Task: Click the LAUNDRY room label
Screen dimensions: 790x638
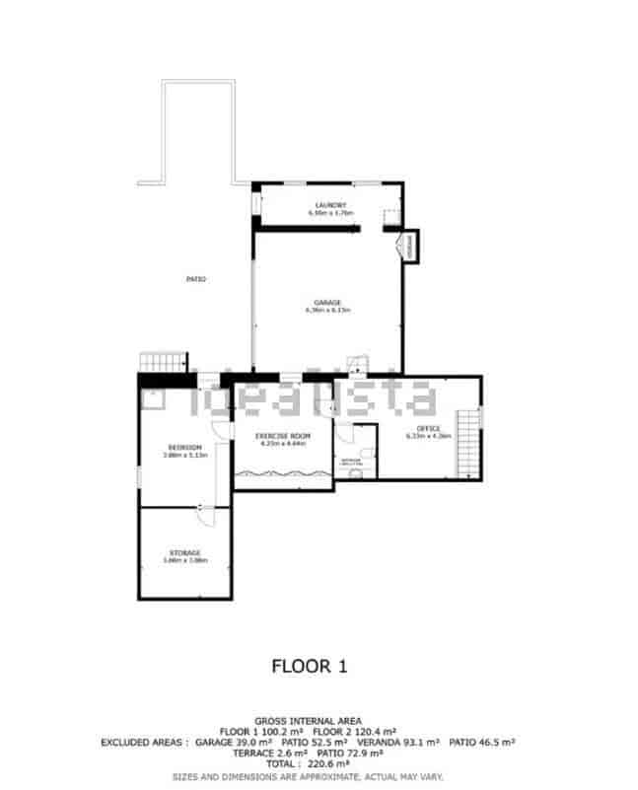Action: [x=330, y=205]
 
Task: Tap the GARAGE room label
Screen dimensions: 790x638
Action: [x=328, y=302]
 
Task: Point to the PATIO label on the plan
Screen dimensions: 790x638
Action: [x=196, y=279]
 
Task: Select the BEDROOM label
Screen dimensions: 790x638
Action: [x=184, y=447]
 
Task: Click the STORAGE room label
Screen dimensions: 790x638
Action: [x=184, y=552]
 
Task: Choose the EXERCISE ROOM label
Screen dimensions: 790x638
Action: [x=283, y=435]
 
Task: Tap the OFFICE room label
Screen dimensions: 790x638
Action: [x=428, y=428]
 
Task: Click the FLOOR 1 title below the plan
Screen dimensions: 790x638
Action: [x=310, y=667]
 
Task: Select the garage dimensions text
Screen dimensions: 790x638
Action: [x=328, y=310]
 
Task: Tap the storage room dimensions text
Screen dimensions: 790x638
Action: [x=184, y=560]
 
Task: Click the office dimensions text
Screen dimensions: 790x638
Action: [x=428, y=436]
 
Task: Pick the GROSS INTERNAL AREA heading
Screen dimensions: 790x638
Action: [x=308, y=721]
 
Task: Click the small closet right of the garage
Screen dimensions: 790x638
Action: [x=408, y=246]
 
